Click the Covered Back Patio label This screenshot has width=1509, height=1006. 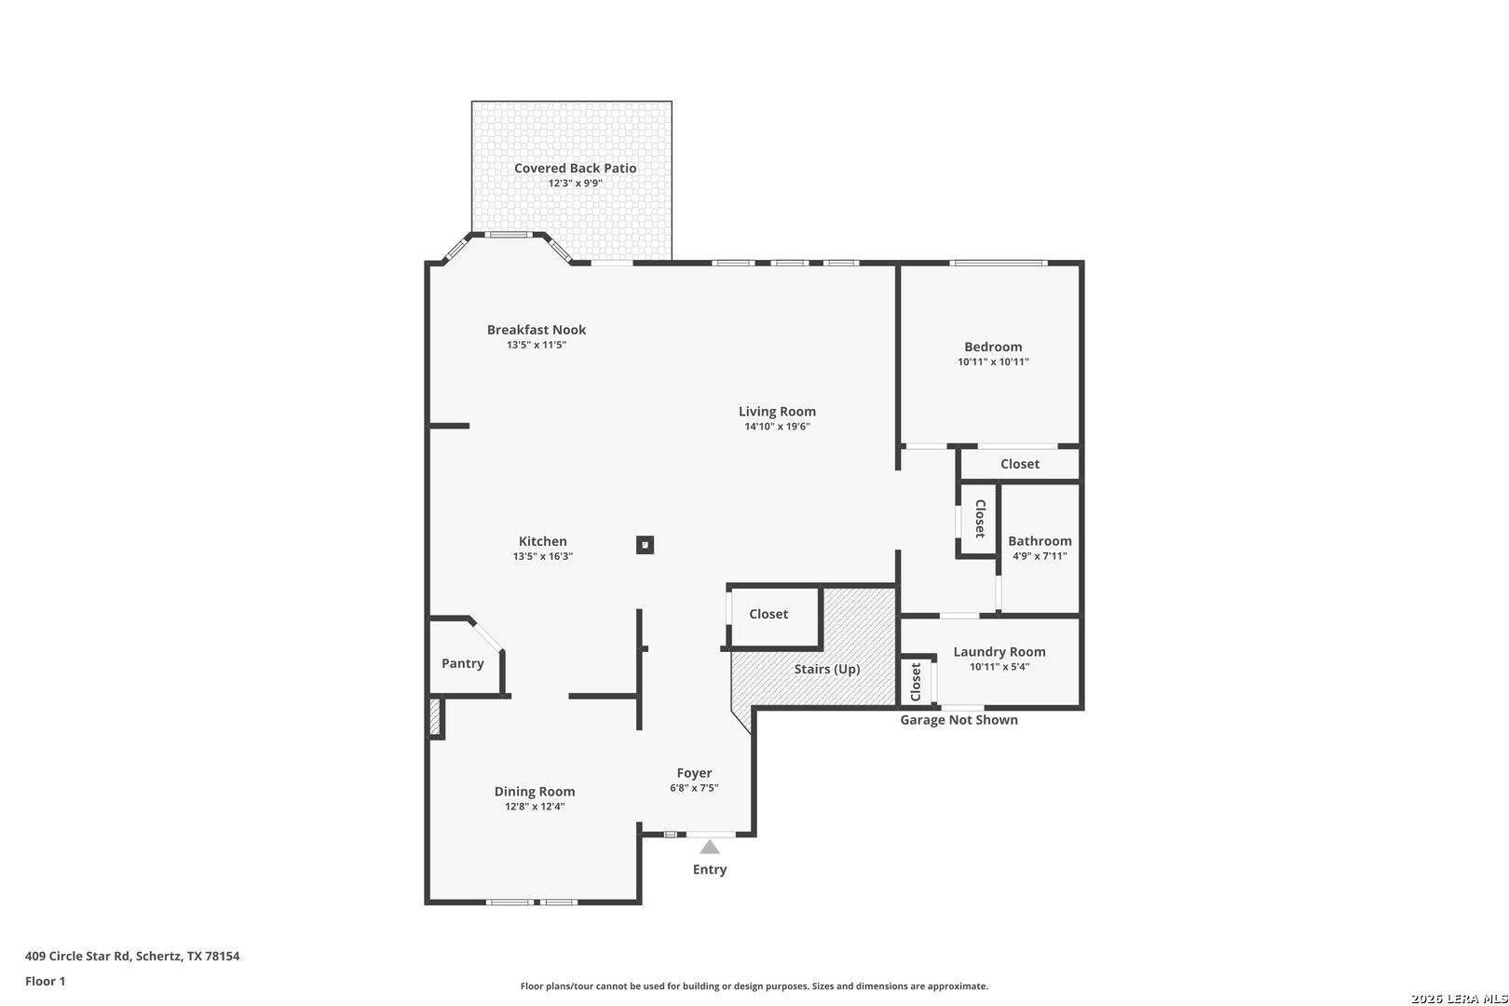pos(576,169)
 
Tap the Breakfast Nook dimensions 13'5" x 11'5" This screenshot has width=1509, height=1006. pos(537,345)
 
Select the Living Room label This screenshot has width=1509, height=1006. pos(778,412)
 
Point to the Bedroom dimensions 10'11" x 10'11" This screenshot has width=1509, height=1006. pos(994,361)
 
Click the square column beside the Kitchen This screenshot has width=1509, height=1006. pos(645,544)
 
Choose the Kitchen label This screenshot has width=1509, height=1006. pos(543,541)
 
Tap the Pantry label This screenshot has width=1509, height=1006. pos(463,664)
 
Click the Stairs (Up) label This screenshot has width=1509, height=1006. pos(827,669)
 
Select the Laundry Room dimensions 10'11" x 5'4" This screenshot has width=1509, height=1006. pos(999,667)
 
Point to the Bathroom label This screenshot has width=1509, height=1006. pos(1040,541)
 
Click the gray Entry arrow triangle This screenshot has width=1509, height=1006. pos(710,847)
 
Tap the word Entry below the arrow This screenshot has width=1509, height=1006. pos(710,870)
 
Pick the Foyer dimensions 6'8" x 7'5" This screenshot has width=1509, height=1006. pos(695,788)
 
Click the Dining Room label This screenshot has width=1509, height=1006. pos(535,792)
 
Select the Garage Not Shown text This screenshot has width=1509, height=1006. pos(959,720)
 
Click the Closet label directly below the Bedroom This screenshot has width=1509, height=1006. pos(1020,464)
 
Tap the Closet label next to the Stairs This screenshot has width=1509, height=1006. pos(768,615)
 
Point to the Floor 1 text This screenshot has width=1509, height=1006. pos(45,982)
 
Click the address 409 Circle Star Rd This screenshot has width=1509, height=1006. pos(77,956)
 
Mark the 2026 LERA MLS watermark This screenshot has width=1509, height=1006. pos(1460,999)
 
